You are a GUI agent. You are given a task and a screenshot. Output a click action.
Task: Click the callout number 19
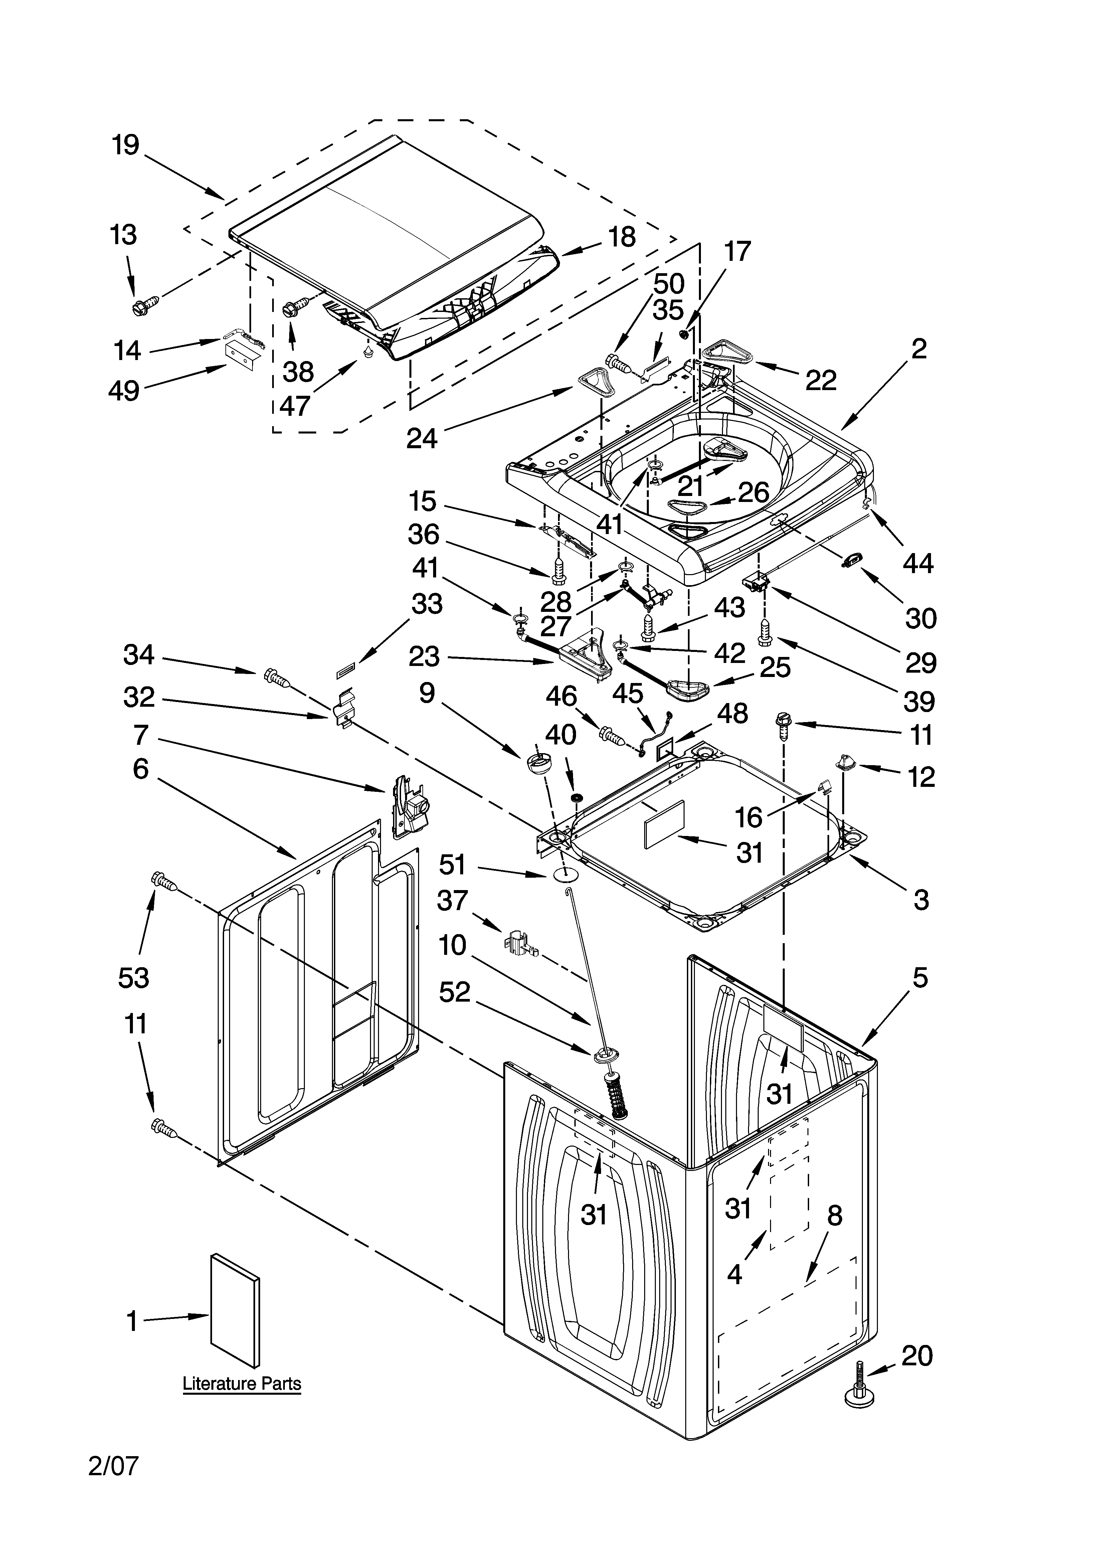pyautogui.click(x=126, y=145)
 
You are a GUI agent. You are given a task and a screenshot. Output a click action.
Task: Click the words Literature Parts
pyautogui.click(x=242, y=1383)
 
